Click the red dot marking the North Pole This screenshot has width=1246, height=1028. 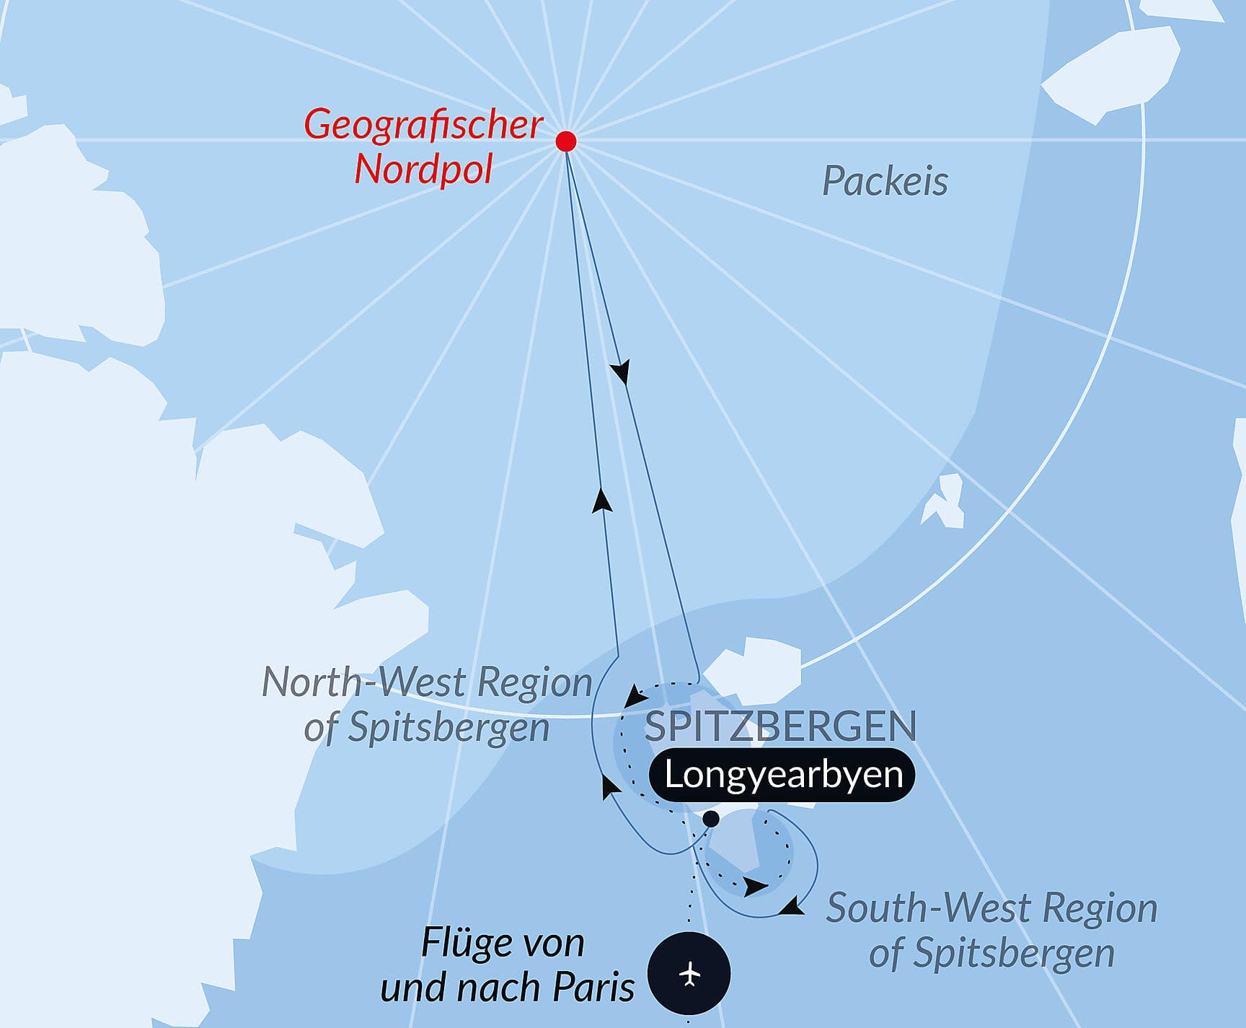pos(566,141)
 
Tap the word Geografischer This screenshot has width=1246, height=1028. pos(423,124)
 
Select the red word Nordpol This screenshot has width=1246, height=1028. pos(423,170)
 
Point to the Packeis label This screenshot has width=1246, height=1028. pos(885,181)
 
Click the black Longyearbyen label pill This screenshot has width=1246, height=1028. pos(782,775)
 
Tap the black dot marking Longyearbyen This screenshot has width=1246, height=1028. pos(711,819)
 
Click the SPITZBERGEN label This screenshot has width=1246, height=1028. pos(779,726)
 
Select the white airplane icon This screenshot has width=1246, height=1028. pos(690,974)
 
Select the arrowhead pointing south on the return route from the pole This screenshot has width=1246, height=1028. pos(620,372)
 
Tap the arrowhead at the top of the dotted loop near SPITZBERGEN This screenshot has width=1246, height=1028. pos(635,696)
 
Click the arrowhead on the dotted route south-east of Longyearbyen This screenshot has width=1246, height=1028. pos(755,887)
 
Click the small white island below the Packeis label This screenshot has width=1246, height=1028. pos(945,501)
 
